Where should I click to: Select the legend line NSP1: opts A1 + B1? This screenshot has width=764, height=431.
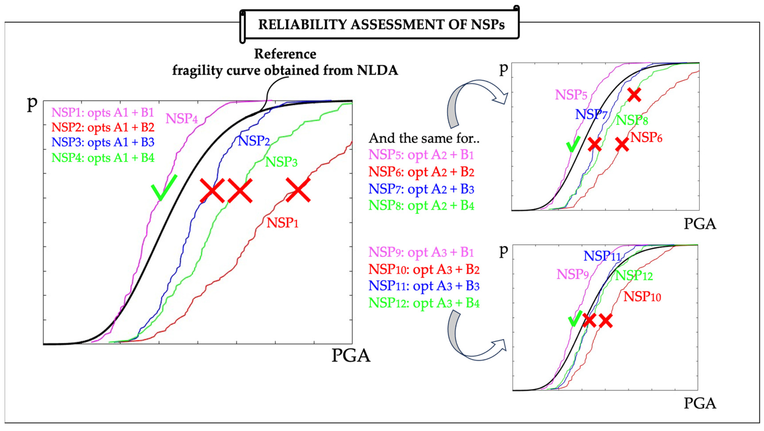point(103,113)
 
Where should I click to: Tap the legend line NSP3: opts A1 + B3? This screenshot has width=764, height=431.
point(103,142)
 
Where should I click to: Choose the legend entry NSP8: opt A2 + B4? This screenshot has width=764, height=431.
point(421,206)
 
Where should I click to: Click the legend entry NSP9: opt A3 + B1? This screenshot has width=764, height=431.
point(421,252)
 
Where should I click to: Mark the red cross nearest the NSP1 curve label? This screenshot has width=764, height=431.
point(298,190)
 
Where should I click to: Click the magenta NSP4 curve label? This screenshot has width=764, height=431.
point(182,118)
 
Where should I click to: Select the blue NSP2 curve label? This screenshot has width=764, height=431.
point(254,141)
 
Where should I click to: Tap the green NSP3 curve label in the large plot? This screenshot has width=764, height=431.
point(281,162)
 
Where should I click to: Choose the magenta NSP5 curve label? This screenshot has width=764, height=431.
point(571,95)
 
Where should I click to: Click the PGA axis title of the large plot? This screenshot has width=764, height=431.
point(351,355)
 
